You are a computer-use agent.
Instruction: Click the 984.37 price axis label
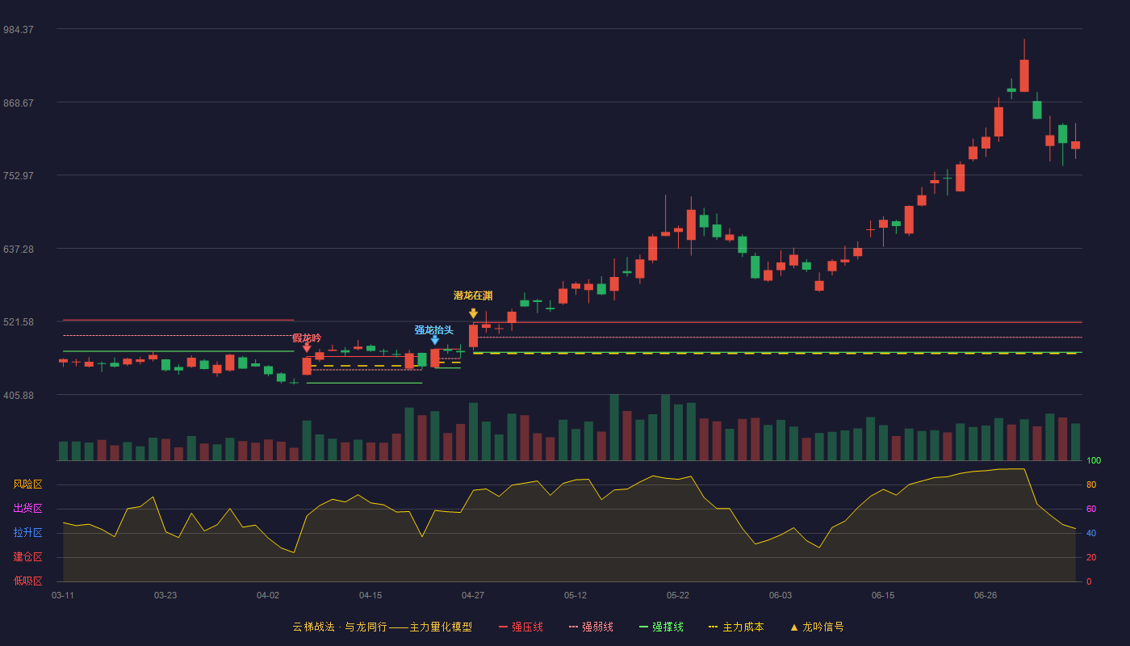(x=19, y=30)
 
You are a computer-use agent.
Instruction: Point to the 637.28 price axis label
(x=19, y=250)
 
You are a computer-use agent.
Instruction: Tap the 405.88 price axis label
(x=19, y=396)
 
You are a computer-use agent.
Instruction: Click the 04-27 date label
(x=473, y=596)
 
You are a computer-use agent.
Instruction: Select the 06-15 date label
(x=883, y=596)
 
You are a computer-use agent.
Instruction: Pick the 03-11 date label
(x=63, y=596)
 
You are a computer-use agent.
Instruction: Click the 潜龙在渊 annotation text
(x=473, y=296)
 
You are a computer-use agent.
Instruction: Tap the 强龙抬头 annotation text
(x=434, y=330)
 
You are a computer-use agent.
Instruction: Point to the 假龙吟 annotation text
(x=307, y=338)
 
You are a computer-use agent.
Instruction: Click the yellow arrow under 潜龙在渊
(x=473, y=313)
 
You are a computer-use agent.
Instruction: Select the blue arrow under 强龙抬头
(x=435, y=341)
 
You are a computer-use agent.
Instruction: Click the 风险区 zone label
(x=27, y=484)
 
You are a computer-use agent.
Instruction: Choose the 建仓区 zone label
(x=27, y=557)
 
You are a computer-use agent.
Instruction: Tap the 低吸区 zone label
(x=27, y=581)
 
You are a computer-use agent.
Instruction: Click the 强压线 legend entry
(x=521, y=627)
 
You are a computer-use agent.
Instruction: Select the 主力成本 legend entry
(x=736, y=627)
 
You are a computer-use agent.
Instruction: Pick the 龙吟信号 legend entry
(x=817, y=627)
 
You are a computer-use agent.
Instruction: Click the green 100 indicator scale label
(x=1094, y=460)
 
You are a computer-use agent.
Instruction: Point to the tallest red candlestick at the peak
(x=1024, y=76)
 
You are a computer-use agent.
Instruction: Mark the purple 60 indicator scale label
(x=1091, y=509)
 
